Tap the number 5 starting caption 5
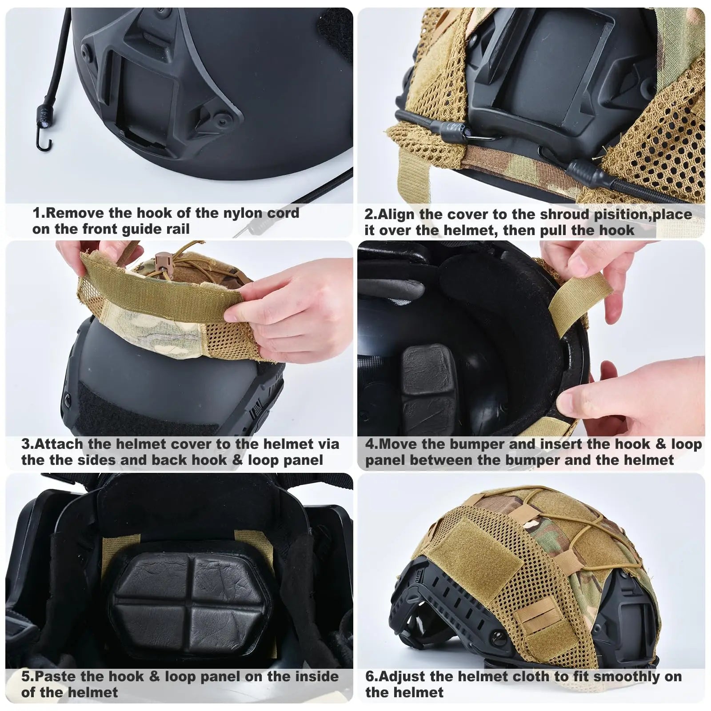[x=25, y=676]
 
